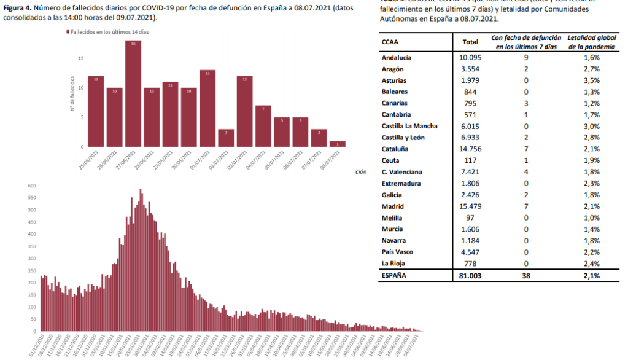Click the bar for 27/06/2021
[x=133, y=93]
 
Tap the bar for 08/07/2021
[x=337, y=144]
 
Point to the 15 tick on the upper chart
[x=80, y=58]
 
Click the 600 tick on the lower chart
[x=33, y=186]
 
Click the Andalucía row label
[x=397, y=57]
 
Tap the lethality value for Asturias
[x=591, y=80]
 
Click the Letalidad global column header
[x=591, y=42]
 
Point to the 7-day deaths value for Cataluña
[x=527, y=149]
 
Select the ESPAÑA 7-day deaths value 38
[x=527, y=276]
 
